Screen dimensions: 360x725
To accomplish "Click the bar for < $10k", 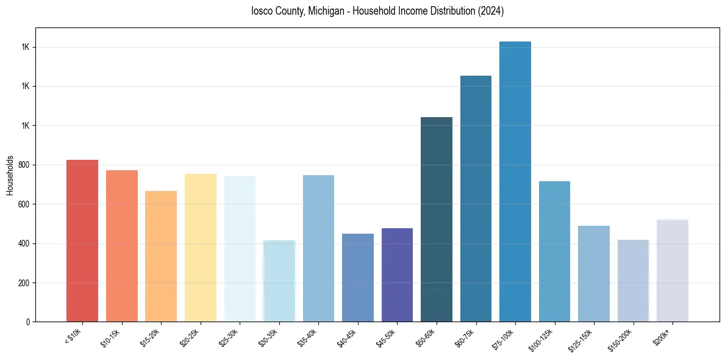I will click(x=82, y=241).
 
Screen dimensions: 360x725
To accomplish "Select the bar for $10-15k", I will click(x=121, y=246).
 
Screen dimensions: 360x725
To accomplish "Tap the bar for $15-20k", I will click(x=161, y=256).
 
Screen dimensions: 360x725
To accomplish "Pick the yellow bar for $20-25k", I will click(x=200, y=248).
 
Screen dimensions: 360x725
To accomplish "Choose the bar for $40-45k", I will click(x=358, y=278).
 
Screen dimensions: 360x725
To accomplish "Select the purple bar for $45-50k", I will click(x=397, y=275).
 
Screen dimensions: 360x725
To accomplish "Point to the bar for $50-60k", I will click(x=437, y=220).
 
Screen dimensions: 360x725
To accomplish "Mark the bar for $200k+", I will click(x=673, y=270).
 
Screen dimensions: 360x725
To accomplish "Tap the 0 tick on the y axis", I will click(x=28, y=322).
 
